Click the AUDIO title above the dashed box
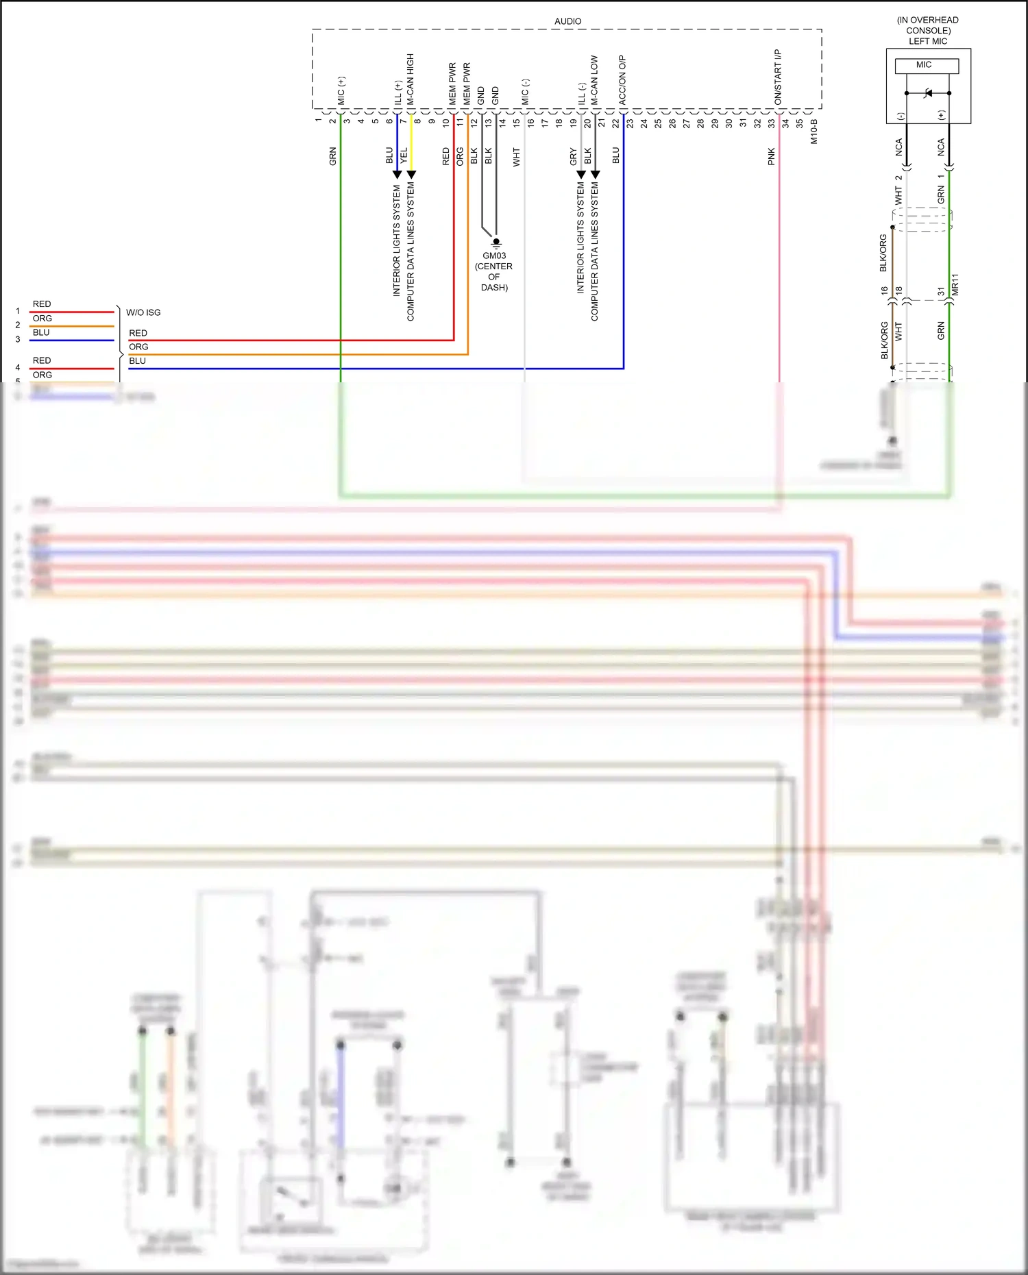click(x=567, y=21)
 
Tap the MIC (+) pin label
click(x=341, y=90)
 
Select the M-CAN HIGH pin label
click(x=411, y=79)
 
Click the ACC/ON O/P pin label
click(x=622, y=79)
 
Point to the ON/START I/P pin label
click(x=778, y=77)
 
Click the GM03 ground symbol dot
click(x=496, y=241)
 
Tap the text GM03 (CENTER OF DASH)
click(x=494, y=271)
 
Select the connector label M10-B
click(x=814, y=131)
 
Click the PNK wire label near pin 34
click(x=771, y=156)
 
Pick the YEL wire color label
click(x=404, y=155)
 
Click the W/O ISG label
click(x=143, y=312)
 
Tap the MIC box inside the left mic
click(x=926, y=65)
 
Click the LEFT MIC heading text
click(x=928, y=41)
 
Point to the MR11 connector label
click(x=955, y=284)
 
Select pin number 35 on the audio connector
click(x=799, y=123)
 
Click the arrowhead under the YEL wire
click(x=411, y=175)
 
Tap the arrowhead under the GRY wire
click(x=581, y=175)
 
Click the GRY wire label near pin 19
click(x=573, y=156)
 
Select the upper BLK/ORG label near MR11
click(x=883, y=253)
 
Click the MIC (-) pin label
click(x=525, y=92)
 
